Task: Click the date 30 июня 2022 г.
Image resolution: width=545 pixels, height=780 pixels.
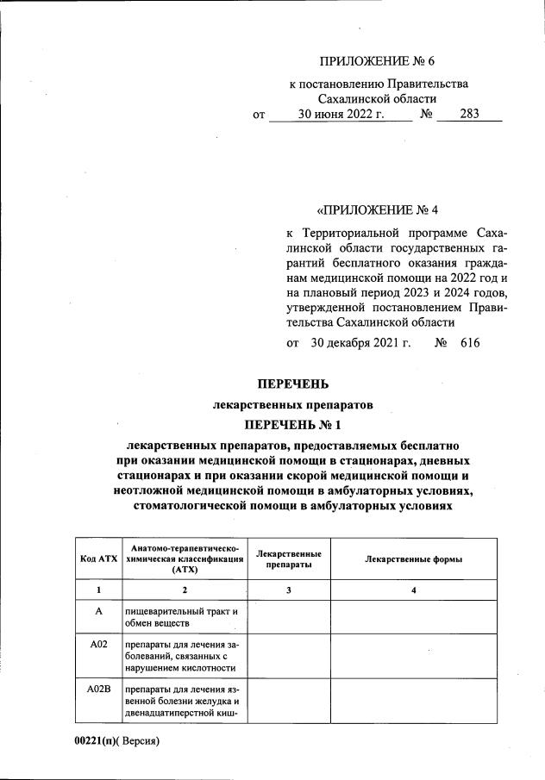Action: pyautogui.click(x=341, y=114)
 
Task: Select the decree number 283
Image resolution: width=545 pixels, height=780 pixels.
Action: pyautogui.click(x=469, y=114)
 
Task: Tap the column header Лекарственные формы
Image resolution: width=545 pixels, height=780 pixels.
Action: pyautogui.click(x=414, y=558)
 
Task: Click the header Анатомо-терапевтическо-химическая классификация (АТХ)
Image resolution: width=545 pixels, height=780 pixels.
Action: pyautogui.click(x=184, y=558)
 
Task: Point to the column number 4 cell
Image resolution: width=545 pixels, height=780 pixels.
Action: pyautogui.click(x=414, y=590)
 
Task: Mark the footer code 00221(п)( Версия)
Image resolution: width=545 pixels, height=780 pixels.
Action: pyautogui.click(x=117, y=741)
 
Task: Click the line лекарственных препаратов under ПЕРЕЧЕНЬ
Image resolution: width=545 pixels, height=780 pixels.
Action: pyautogui.click(x=292, y=403)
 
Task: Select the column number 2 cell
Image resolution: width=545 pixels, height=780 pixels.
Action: pyautogui.click(x=184, y=590)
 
